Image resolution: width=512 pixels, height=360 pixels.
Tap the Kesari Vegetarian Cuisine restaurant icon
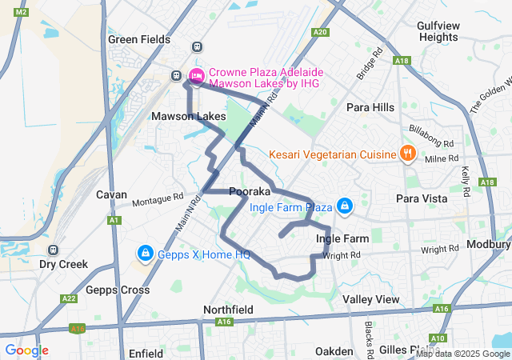coord(407,154)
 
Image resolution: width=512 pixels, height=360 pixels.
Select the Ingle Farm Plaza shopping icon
coord(344,206)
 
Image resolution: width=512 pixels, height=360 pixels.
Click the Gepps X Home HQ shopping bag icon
coord(145,254)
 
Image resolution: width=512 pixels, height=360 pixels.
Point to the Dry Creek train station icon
coord(54,250)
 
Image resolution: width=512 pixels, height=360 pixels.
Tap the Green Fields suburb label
coord(140,39)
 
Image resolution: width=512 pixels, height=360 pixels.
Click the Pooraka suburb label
coord(250,192)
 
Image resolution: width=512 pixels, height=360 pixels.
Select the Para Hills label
coord(370,107)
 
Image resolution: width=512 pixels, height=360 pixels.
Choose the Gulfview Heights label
coord(438,31)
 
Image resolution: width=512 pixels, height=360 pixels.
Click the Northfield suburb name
coord(229,310)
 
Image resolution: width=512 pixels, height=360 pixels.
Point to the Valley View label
coord(370,299)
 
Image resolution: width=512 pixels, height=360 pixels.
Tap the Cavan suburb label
coord(111,194)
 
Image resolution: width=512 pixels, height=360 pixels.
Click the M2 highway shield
coord(22,12)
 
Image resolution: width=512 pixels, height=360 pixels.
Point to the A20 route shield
coord(321,32)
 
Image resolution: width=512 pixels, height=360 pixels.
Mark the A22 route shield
coord(69,298)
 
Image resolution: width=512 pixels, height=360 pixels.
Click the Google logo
coord(26,350)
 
